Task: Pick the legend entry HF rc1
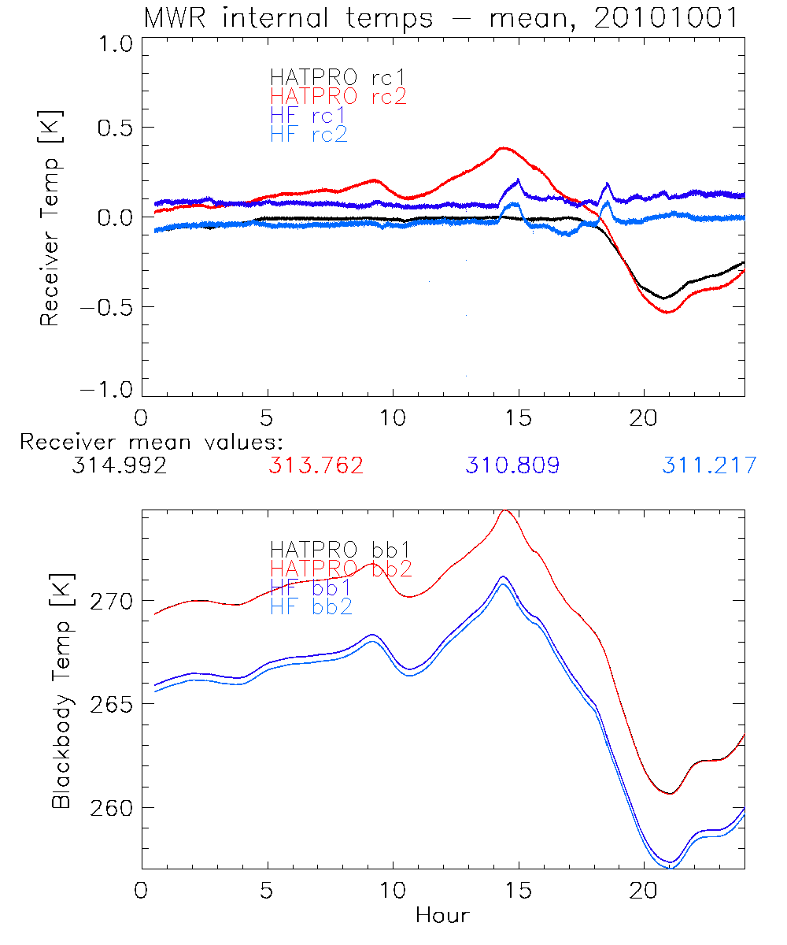(308, 115)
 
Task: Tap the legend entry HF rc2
(308, 134)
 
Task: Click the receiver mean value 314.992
(119, 465)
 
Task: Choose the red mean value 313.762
(316, 465)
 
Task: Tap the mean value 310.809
(512, 465)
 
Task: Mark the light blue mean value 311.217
(709, 465)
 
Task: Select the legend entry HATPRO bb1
(340, 549)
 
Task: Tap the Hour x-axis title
(442, 915)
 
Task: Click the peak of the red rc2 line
(503, 148)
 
